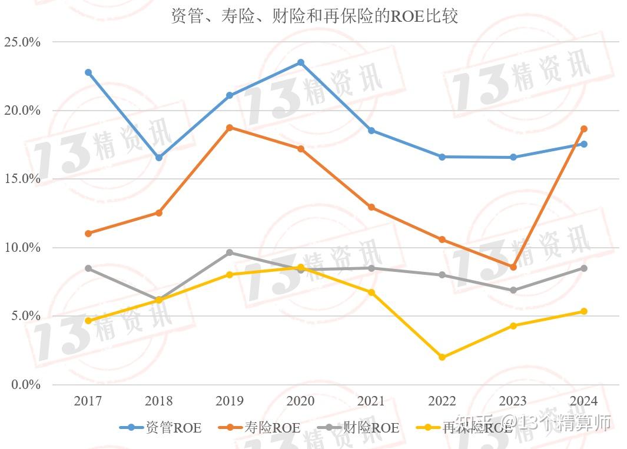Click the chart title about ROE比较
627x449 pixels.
(314, 16)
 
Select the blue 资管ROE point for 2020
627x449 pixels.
(301, 62)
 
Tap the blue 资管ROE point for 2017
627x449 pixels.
(88, 72)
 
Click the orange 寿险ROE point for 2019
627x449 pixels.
(230, 127)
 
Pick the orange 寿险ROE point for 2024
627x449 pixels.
(584, 129)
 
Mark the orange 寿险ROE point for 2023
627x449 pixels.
(513, 267)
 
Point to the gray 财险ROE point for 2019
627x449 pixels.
(230, 252)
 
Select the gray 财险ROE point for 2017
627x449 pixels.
(88, 268)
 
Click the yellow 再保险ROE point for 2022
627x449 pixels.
(442, 357)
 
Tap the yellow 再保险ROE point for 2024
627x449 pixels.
(584, 311)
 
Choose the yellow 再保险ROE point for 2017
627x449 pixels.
(88, 321)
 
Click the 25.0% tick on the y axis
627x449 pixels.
(22, 42)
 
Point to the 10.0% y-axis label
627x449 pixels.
(22, 248)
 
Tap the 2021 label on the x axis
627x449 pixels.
(371, 401)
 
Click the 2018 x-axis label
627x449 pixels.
(159, 401)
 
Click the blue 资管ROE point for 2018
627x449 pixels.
(159, 158)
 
